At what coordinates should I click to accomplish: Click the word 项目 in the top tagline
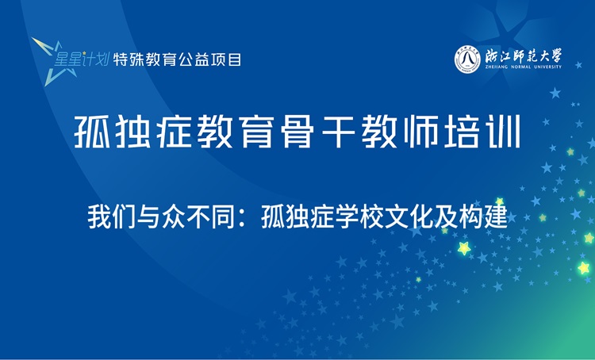pos(229,58)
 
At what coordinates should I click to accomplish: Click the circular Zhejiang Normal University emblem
pos(468,59)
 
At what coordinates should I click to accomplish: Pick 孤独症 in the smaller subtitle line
pos(293,216)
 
